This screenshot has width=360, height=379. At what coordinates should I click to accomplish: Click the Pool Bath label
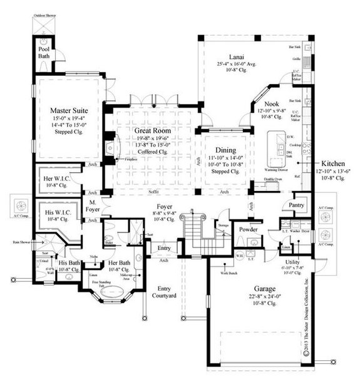click(x=44, y=50)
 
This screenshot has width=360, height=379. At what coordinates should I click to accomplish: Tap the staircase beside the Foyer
click(x=194, y=235)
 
